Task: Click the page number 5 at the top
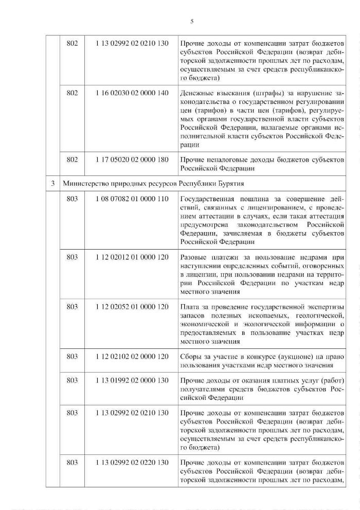[x=191, y=21]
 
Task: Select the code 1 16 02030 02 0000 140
[x=132, y=93]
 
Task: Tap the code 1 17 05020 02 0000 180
[x=132, y=160]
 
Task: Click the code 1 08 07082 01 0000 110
[x=132, y=199]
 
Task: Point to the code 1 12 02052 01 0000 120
[x=132, y=307]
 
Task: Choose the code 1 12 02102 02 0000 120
[x=132, y=356]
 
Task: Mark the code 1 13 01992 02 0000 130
[x=132, y=380]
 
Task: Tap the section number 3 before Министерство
[x=52, y=183]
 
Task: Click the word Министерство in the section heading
[x=85, y=183]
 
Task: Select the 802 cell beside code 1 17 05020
[x=73, y=160]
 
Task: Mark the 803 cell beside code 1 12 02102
[x=73, y=356]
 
